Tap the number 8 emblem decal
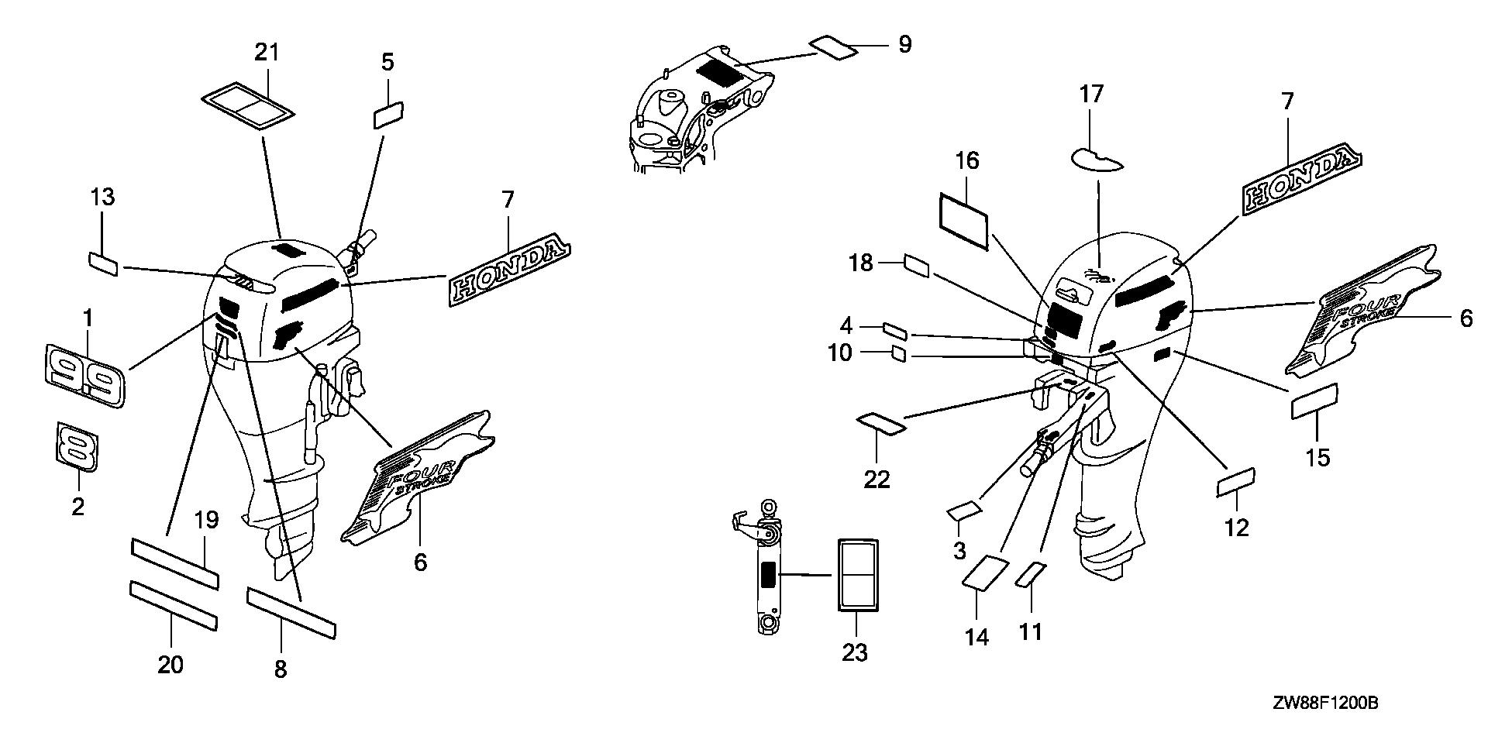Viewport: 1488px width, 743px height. pyautogui.click(x=76, y=446)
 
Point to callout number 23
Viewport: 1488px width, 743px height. pyautogui.click(x=855, y=653)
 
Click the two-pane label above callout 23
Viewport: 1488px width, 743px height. pyautogui.click(x=856, y=574)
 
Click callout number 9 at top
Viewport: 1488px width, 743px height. pyautogui.click(x=904, y=44)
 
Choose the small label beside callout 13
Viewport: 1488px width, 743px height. pyautogui.click(x=103, y=263)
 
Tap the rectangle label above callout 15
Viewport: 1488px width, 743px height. pyautogui.click(x=1314, y=401)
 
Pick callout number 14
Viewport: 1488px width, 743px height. pyautogui.click(x=976, y=637)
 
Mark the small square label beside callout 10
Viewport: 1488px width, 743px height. pyautogui.click(x=899, y=355)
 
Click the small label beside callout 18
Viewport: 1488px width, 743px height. pyautogui.click(x=917, y=267)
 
